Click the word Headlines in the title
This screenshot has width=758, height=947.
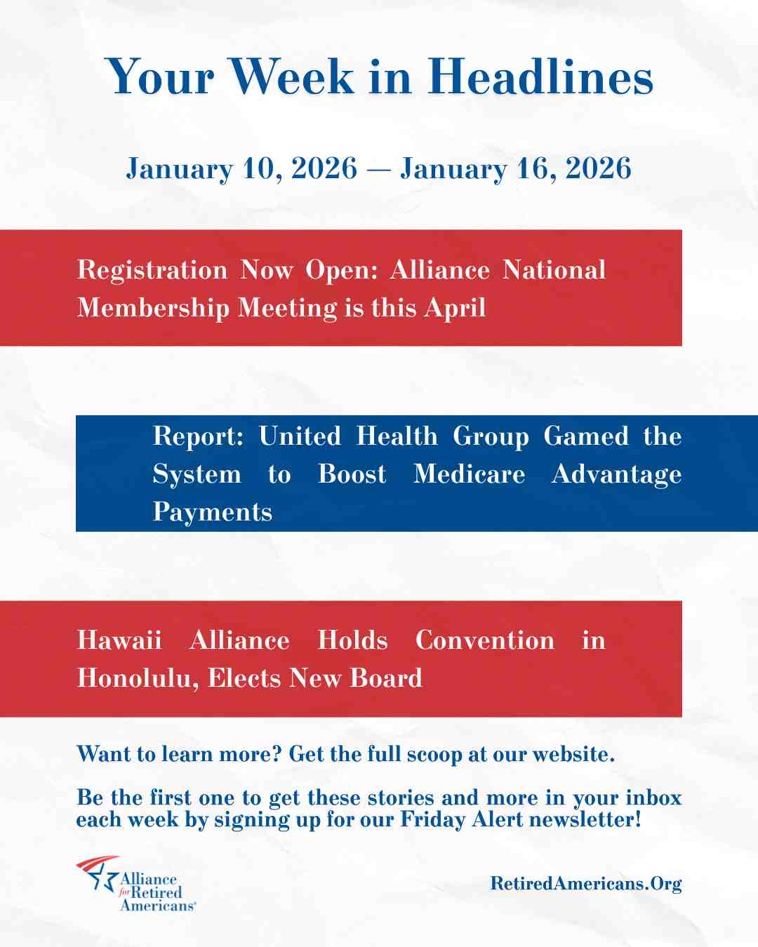pyautogui.click(x=540, y=76)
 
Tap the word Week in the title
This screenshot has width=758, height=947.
pyautogui.click(x=292, y=76)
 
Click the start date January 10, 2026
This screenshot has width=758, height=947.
pyautogui.click(x=241, y=168)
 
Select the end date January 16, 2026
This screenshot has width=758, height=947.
pyautogui.click(x=516, y=168)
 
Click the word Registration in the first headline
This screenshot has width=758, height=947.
pyautogui.click(x=152, y=270)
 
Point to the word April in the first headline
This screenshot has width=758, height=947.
pyautogui.click(x=455, y=307)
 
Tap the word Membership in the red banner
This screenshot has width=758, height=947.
pyautogui.click(x=153, y=307)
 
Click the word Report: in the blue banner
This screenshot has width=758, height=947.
pyautogui.click(x=198, y=436)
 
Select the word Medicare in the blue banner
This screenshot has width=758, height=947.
pyautogui.click(x=469, y=474)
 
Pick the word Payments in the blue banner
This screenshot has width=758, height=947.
pyautogui.click(x=213, y=512)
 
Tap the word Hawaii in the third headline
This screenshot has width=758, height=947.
pyautogui.click(x=119, y=640)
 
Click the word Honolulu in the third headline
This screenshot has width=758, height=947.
pyautogui.click(x=138, y=678)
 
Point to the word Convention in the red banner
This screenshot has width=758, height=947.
pyautogui.click(x=485, y=640)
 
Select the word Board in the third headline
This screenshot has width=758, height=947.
pyautogui.click(x=386, y=678)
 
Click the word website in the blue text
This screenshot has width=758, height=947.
pyautogui.click(x=573, y=754)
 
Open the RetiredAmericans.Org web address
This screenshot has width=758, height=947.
pyautogui.click(x=586, y=883)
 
